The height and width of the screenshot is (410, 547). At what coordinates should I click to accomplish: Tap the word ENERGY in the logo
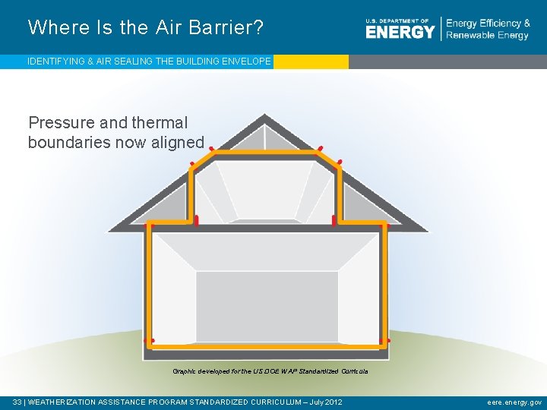coord(400,31)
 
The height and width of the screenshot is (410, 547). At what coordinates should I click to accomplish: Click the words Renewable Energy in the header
coord(488,36)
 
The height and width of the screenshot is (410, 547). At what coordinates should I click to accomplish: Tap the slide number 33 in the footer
coord(17,402)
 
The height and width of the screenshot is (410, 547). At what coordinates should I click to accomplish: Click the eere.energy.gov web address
coord(514,402)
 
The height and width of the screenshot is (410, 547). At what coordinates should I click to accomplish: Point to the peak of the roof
coord(265,116)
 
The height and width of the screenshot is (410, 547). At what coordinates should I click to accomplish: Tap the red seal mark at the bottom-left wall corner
coord(152,341)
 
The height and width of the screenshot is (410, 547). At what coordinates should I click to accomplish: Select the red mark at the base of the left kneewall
coord(196,220)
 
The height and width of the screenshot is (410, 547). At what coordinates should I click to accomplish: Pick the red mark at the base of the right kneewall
coord(334,220)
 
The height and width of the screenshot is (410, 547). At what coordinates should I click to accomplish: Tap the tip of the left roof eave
coord(112,229)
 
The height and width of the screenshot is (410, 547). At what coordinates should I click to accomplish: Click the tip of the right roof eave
coord(425,229)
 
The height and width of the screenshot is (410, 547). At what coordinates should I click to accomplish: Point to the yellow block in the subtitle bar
coord(311,61)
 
